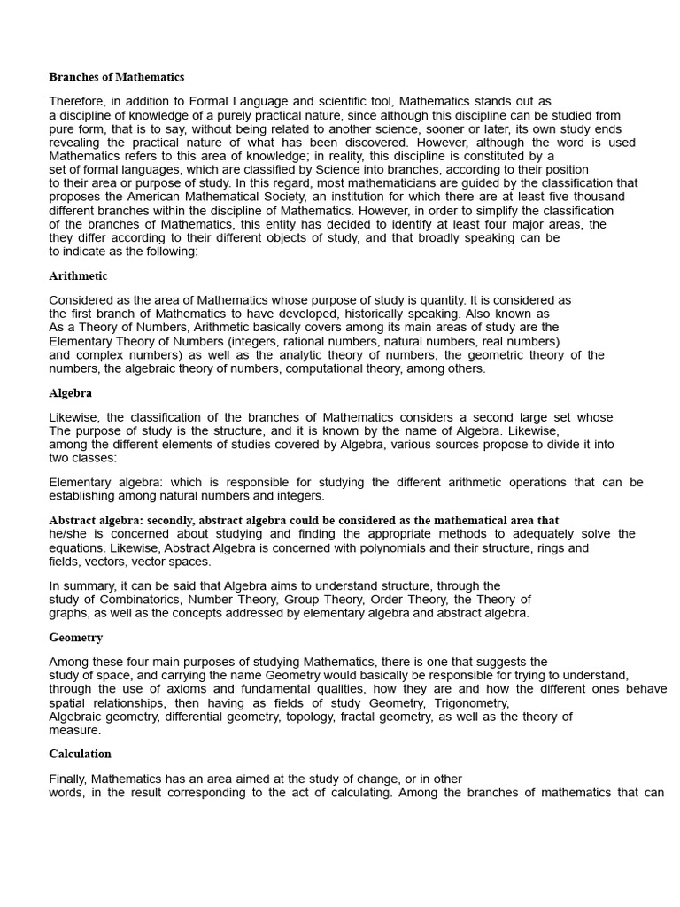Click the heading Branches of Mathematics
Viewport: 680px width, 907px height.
pos(116,77)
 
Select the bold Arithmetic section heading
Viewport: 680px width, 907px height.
pos(78,275)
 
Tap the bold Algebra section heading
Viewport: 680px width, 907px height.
pos(70,392)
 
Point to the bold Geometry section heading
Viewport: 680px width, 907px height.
pos(75,637)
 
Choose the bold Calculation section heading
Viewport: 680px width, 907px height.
pos(80,754)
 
